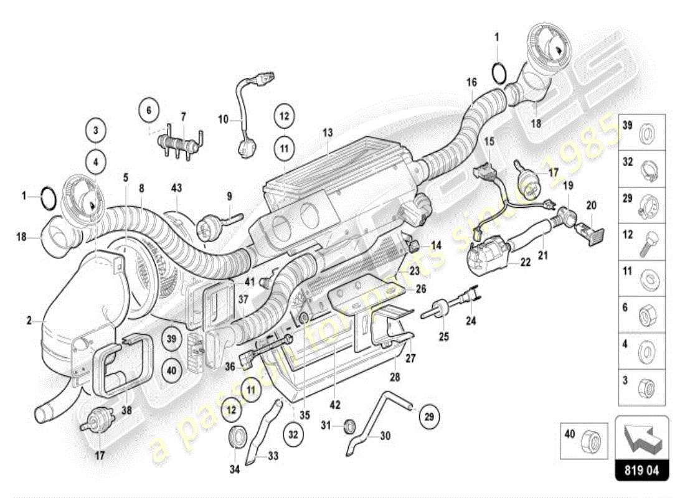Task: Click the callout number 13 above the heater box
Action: (x=328, y=133)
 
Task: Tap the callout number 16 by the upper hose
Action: (x=471, y=82)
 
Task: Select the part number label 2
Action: (x=29, y=321)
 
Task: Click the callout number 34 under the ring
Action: (x=234, y=469)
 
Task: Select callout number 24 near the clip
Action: (x=471, y=322)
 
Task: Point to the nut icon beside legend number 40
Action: (x=590, y=443)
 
